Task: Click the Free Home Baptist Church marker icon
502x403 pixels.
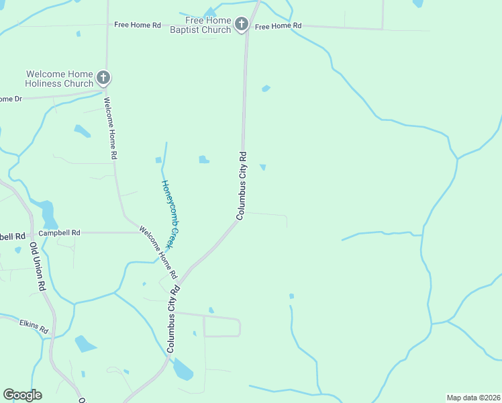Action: (x=242, y=26)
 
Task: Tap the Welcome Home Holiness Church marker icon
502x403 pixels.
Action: (x=103, y=78)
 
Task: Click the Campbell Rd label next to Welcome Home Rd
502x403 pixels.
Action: (x=59, y=233)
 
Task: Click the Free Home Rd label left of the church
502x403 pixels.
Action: (x=138, y=25)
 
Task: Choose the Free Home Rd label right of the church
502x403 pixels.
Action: (x=279, y=26)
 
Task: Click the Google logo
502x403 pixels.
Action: (x=22, y=395)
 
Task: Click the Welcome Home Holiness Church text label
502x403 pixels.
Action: (x=59, y=79)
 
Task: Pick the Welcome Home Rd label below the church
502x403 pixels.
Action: (x=111, y=128)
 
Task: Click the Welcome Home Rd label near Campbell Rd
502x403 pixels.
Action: (x=158, y=253)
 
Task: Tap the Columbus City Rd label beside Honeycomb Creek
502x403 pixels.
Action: (x=242, y=185)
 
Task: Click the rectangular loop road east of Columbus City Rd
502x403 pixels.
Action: (x=222, y=326)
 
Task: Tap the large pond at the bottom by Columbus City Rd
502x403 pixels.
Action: (x=183, y=369)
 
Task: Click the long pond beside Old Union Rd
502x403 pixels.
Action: (x=48, y=214)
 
